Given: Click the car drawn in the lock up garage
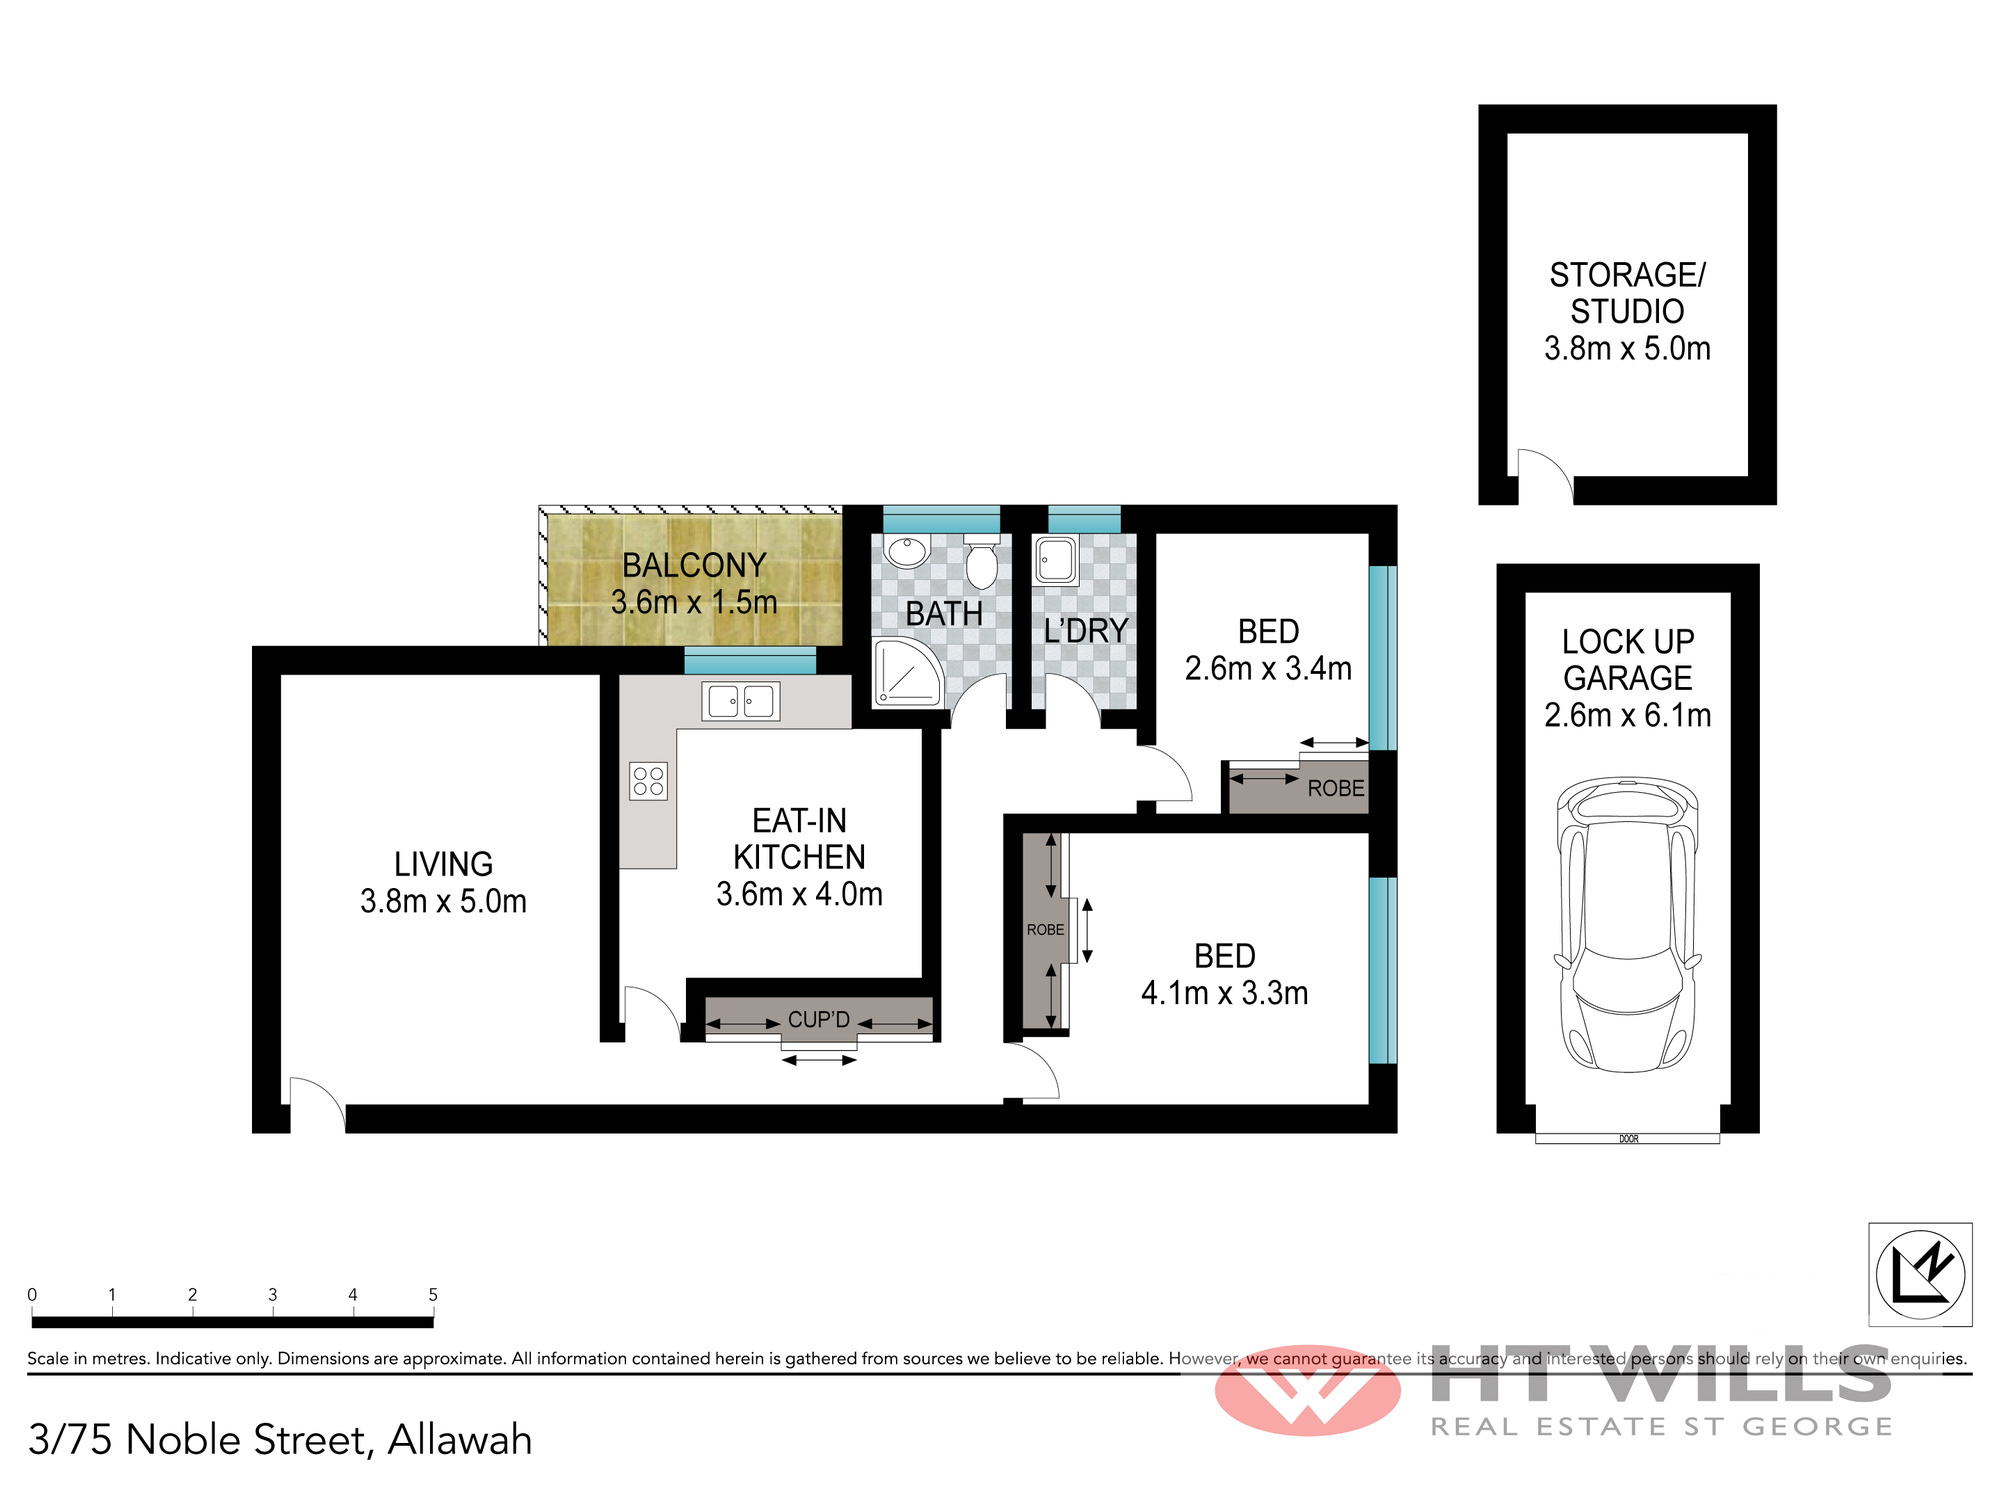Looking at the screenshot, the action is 1628,925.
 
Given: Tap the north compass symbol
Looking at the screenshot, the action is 1920,1274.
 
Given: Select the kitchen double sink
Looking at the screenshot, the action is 741,701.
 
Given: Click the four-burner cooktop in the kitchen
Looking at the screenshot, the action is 648,781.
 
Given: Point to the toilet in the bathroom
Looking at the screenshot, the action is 982,563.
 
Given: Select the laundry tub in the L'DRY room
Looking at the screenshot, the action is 1056,561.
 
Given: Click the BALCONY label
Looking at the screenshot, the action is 694,565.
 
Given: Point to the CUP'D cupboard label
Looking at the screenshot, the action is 819,1020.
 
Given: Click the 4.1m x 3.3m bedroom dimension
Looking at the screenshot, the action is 1225,993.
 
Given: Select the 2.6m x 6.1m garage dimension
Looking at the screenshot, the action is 1628,715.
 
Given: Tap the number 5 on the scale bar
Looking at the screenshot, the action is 433,1294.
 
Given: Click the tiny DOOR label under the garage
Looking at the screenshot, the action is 1629,1139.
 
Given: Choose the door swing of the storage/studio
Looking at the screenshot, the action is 1546,476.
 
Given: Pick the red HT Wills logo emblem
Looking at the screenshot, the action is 1308,1391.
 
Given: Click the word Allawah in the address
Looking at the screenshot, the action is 460,1440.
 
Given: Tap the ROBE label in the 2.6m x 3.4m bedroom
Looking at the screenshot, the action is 1336,788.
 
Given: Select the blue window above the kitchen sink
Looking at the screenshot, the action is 750,660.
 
